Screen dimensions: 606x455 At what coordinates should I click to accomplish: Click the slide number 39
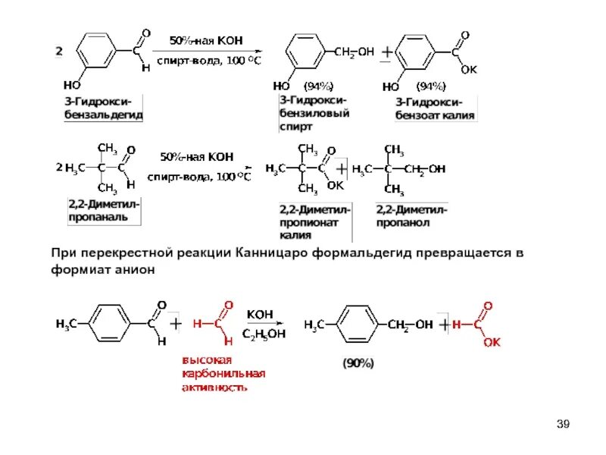(x=562, y=422)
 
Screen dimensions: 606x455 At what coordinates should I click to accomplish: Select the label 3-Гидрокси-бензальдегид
(x=102, y=108)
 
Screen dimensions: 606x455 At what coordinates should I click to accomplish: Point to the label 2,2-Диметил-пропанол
(x=411, y=216)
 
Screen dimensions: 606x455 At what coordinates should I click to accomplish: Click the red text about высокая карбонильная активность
(x=223, y=372)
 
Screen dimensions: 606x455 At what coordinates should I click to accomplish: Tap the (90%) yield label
(x=358, y=362)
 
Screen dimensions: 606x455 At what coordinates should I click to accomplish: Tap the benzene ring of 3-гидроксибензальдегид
(x=97, y=51)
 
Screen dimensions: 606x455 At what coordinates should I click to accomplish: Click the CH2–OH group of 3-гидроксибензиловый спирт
(x=353, y=52)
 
